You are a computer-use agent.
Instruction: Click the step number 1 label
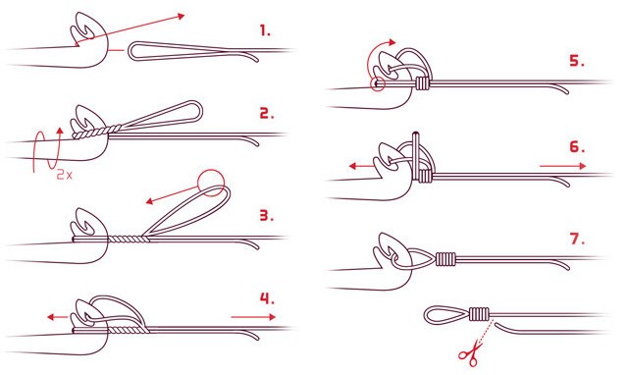point(265,30)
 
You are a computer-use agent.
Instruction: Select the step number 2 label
point(267,113)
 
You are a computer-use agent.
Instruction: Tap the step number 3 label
point(267,216)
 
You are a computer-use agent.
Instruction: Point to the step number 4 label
point(268,298)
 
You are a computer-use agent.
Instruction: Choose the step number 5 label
point(577,61)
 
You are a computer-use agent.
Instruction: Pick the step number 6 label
point(577,147)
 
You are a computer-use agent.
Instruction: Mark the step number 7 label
point(577,239)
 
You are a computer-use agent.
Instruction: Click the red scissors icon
point(469,353)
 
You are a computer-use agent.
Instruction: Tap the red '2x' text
point(65,175)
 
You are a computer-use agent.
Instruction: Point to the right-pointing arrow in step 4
point(253,317)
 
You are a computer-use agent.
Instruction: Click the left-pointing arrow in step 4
point(58,317)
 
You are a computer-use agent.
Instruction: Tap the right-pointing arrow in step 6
point(563,166)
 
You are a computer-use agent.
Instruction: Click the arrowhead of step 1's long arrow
point(182,16)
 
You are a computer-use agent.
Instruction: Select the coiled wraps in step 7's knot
point(445,259)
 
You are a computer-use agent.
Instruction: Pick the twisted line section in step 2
point(96,132)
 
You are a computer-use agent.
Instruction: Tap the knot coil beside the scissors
point(479,314)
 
